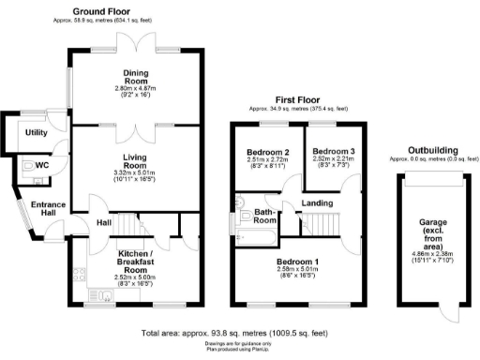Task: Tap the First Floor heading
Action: point(296,99)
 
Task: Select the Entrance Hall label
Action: point(40,210)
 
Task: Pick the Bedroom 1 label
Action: point(296,262)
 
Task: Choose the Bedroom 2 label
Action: point(267,152)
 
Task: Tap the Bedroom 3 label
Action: point(332,152)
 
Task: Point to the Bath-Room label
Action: point(265,217)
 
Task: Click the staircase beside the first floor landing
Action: point(315,222)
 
